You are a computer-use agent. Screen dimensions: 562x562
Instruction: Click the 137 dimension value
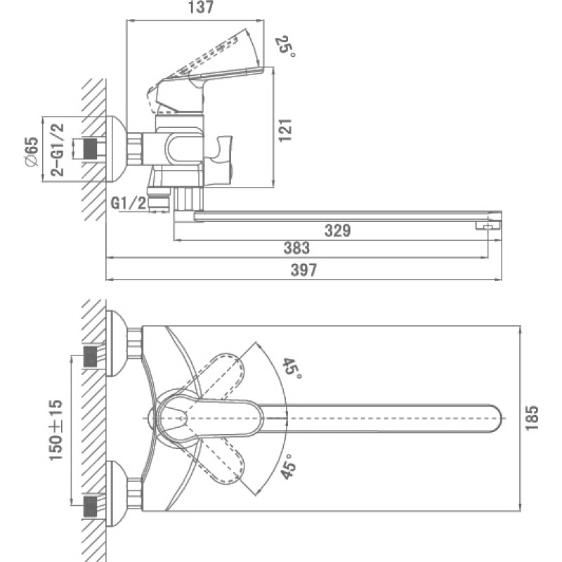201,7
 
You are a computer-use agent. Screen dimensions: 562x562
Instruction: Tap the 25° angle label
286,46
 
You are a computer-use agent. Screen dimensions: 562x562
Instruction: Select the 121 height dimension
286,130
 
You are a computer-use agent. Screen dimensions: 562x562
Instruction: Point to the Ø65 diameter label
32,151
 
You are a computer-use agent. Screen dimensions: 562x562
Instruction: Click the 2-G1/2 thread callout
58,150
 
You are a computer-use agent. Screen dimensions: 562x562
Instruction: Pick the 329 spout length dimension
337,230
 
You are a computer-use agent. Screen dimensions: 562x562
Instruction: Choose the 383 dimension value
296,248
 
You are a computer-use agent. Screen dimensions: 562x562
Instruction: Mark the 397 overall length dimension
303,270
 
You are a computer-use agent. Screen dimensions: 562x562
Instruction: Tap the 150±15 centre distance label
55,430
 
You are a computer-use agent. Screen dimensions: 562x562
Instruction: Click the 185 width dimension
532,418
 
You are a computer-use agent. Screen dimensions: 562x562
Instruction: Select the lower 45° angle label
288,466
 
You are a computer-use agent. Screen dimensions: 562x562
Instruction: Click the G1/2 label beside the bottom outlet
129,203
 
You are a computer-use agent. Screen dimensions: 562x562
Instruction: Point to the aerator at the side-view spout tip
488,226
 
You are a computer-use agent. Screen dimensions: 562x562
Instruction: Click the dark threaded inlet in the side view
90,148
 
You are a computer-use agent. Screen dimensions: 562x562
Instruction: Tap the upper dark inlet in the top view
90,357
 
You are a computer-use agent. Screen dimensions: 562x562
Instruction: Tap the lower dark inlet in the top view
90,507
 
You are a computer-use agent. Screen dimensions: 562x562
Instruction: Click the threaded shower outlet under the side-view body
158,199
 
